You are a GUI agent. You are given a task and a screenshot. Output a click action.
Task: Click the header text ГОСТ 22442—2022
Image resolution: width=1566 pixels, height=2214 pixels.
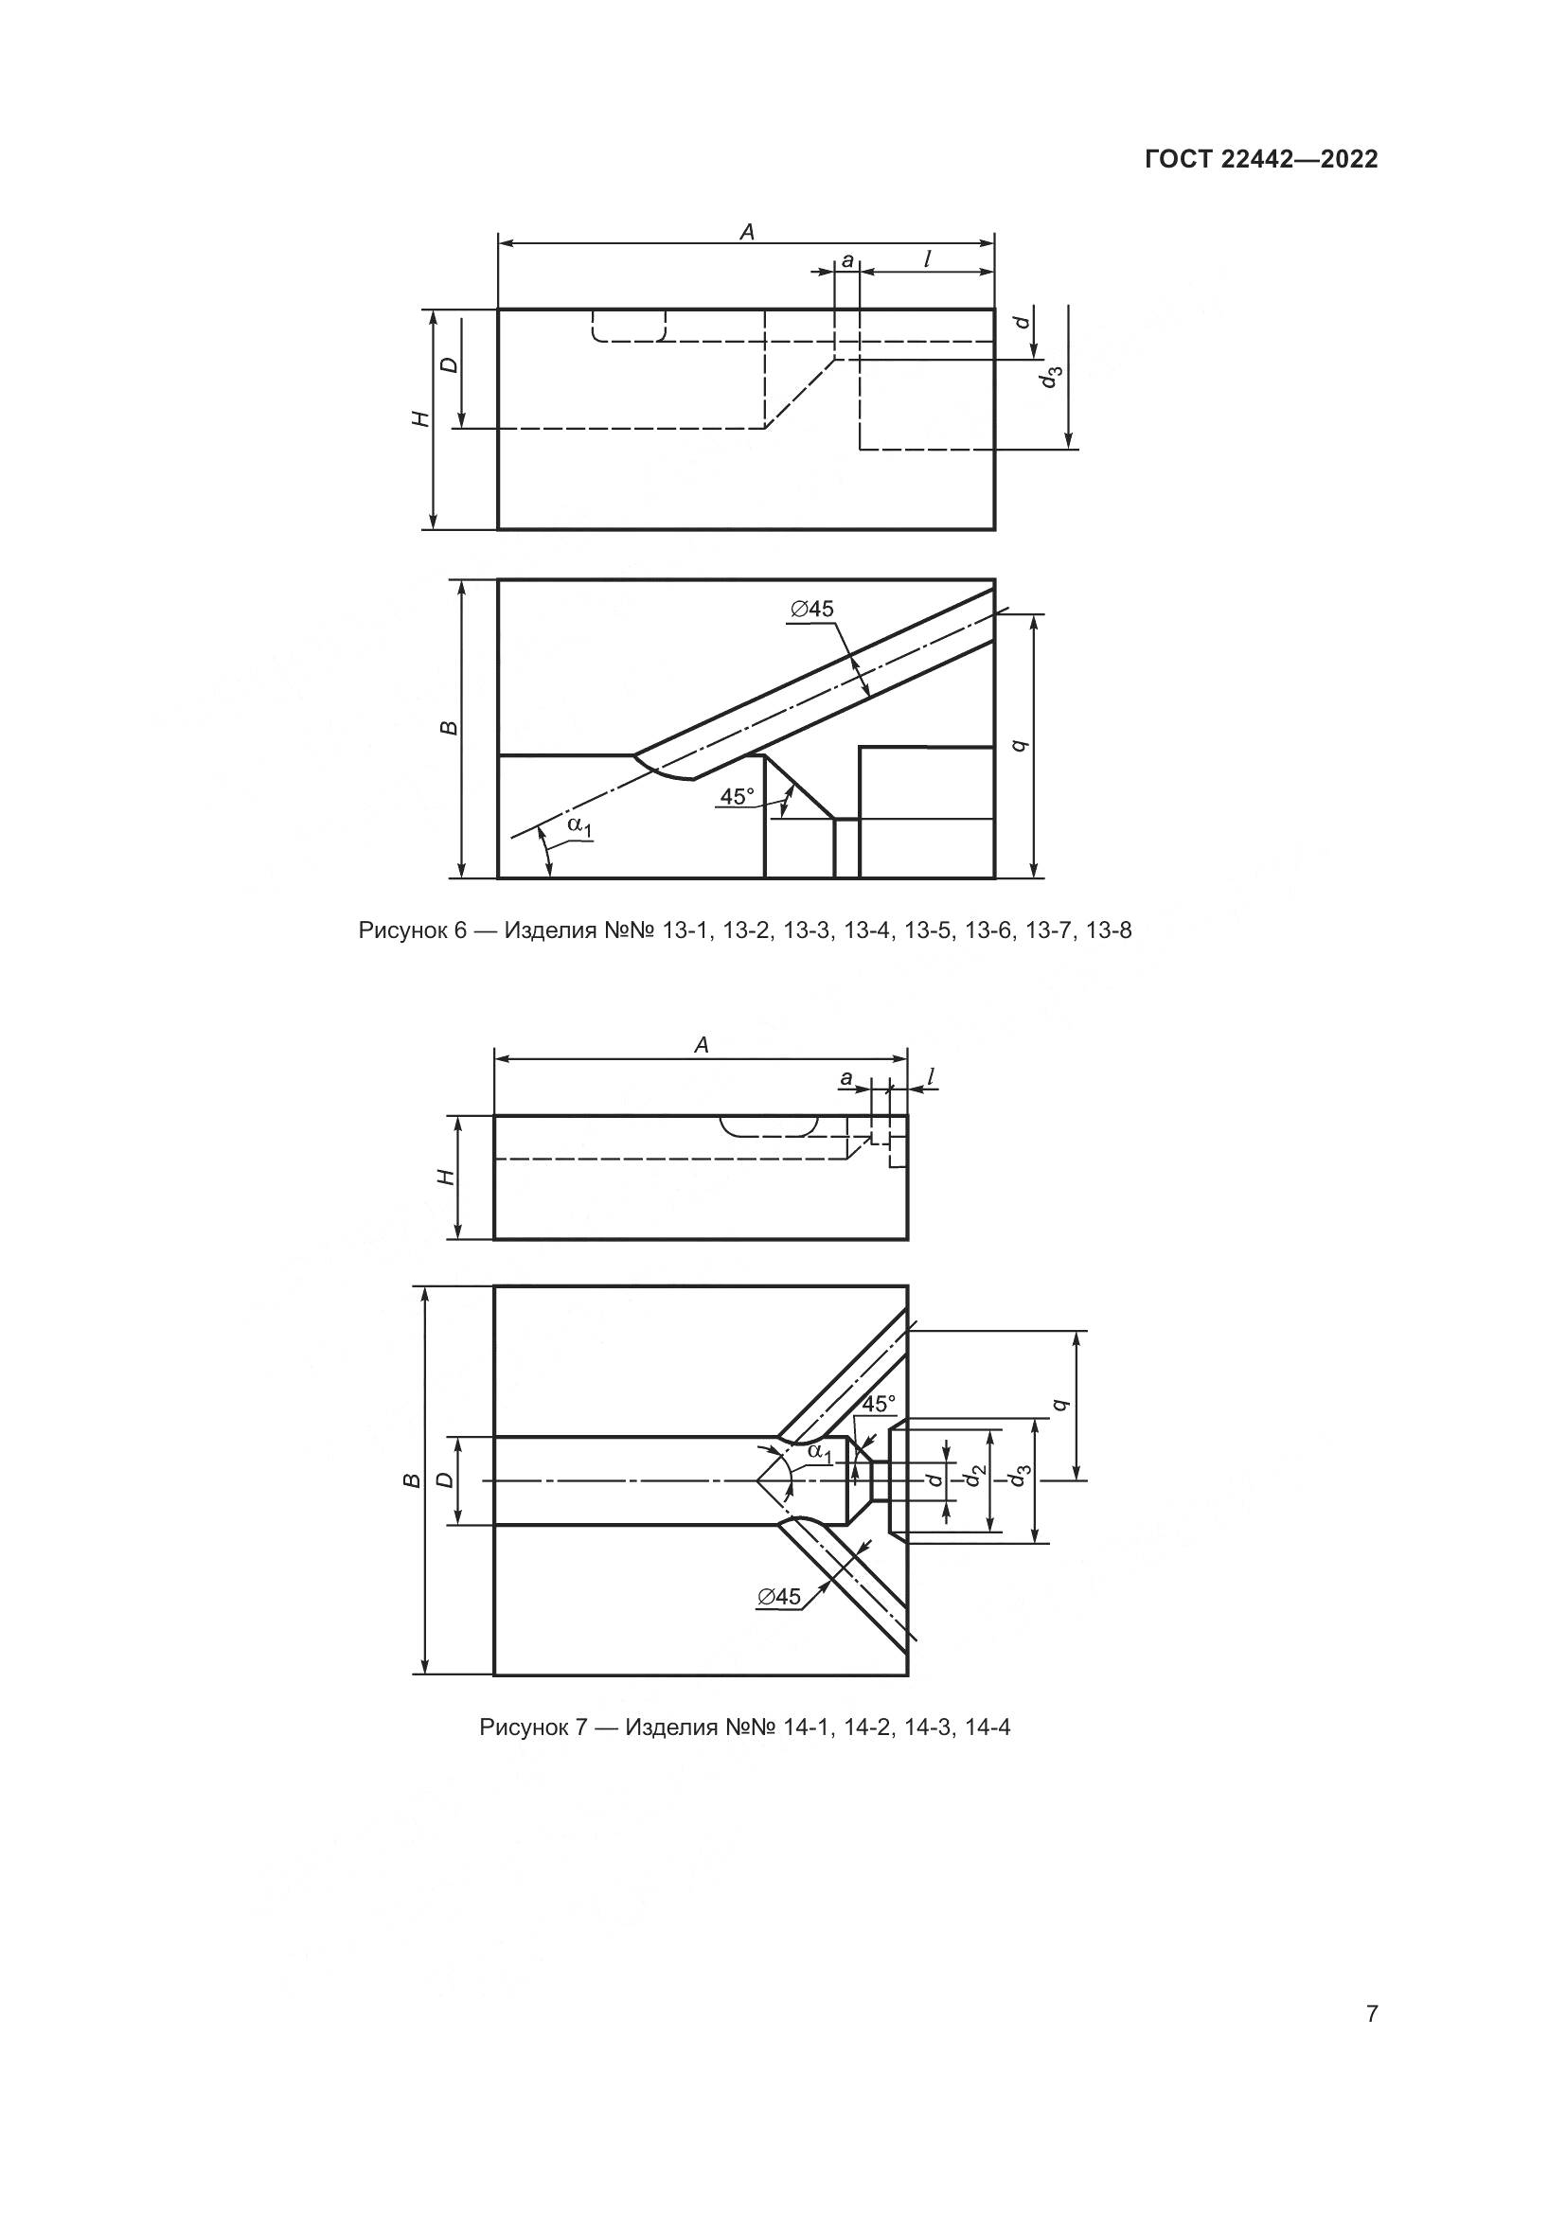coord(1260,160)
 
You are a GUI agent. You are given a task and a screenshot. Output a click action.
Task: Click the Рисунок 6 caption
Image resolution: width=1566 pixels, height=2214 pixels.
coord(744,930)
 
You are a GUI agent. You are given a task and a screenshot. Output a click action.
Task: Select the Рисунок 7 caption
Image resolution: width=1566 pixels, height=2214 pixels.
coord(744,1727)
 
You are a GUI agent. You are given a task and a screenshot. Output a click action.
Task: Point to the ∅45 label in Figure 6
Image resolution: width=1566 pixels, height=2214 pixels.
coord(811,609)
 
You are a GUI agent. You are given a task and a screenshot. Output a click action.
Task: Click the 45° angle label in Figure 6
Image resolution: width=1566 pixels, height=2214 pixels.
coord(739,796)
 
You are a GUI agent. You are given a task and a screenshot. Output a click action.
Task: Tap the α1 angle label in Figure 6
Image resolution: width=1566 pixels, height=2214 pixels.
coord(579,825)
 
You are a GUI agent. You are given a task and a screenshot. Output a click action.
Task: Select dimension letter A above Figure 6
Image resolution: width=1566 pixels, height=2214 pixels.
coord(745,231)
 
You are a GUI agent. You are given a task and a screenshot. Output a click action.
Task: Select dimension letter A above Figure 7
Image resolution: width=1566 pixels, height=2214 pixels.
coord(701,1045)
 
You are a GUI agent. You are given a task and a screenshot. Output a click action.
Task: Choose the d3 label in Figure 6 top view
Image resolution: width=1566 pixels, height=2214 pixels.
coord(1052,377)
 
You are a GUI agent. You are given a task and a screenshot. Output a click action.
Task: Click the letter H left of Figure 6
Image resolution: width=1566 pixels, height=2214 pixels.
coord(419,418)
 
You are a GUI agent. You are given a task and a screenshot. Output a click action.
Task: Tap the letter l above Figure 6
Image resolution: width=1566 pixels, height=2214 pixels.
coord(927,258)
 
